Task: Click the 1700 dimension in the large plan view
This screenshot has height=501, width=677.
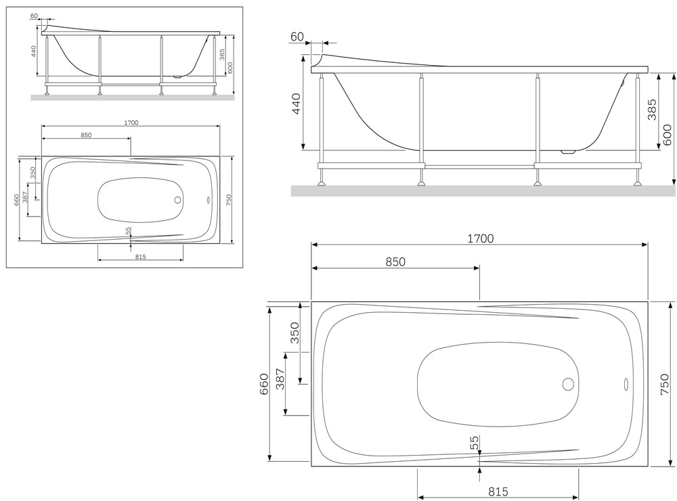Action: point(481,238)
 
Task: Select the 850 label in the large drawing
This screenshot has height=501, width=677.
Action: point(395,262)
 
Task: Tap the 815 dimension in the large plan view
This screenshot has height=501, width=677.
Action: point(498,492)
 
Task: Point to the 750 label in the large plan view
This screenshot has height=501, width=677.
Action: point(665,384)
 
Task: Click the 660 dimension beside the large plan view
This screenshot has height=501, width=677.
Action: point(264,383)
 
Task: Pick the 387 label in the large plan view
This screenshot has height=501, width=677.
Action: point(280,379)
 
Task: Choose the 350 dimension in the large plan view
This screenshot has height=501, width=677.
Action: point(294,332)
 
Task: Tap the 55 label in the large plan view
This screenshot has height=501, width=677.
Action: point(475,442)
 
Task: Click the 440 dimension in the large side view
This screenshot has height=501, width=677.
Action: point(297,104)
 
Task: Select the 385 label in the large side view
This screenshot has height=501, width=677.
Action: point(652,110)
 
